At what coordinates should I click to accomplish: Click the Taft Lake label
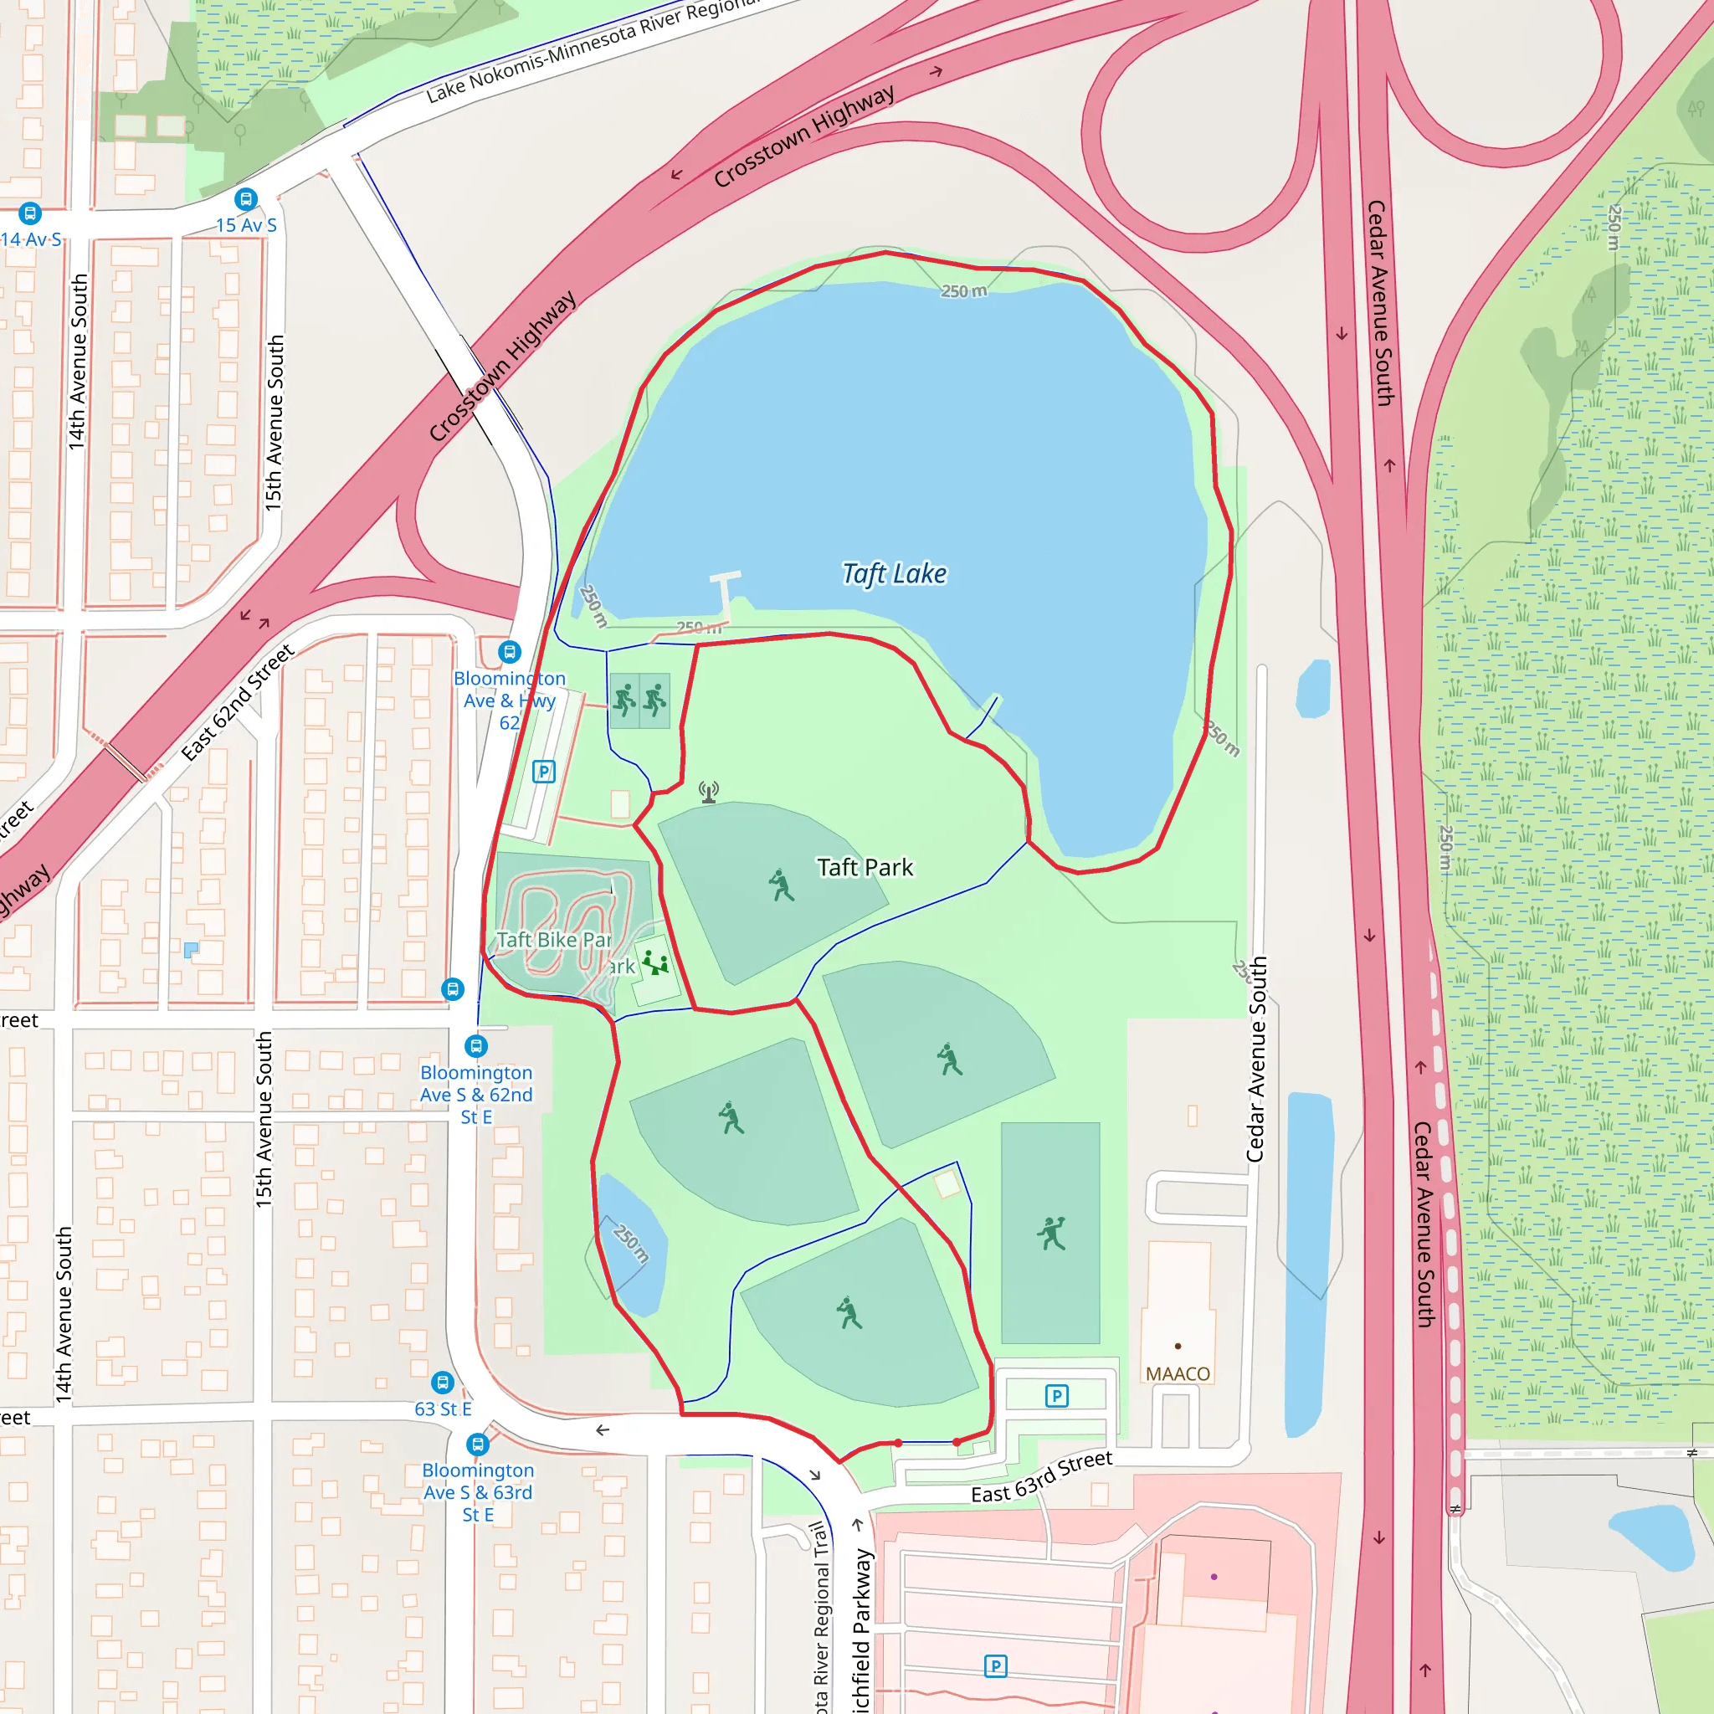pyautogui.click(x=895, y=574)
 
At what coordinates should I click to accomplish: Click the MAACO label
pyautogui.click(x=1178, y=1373)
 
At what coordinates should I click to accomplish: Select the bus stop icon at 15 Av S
pyautogui.click(x=246, y=198)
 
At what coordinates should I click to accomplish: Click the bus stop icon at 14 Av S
pyautogui.click(x=30, y=213)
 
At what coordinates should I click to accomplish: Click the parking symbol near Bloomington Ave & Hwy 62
pyautogui.click(x=544, y=771)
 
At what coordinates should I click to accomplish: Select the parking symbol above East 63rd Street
pyautogui.click(x=1055, y=1395)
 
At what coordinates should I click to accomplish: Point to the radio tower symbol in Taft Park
pyautogui.click(x=708, y=792)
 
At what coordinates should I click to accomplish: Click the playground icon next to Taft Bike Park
pyautogui.click(x=655, y=962)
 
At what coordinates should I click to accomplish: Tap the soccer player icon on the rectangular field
pyautogui.click(x=1051, y=1233)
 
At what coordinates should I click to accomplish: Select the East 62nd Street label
pyautogui.click(x=237, y=703)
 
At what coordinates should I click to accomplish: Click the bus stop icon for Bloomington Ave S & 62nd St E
pyautogui.click(x=476, y=1046)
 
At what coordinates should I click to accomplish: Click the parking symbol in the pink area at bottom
pyautogui.click(x=995, y=1666)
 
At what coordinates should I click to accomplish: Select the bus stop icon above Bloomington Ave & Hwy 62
pyautogui.click(x=509, y=652)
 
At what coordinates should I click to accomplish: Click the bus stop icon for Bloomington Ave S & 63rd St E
pyautogui.click(x=477, y=1444)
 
